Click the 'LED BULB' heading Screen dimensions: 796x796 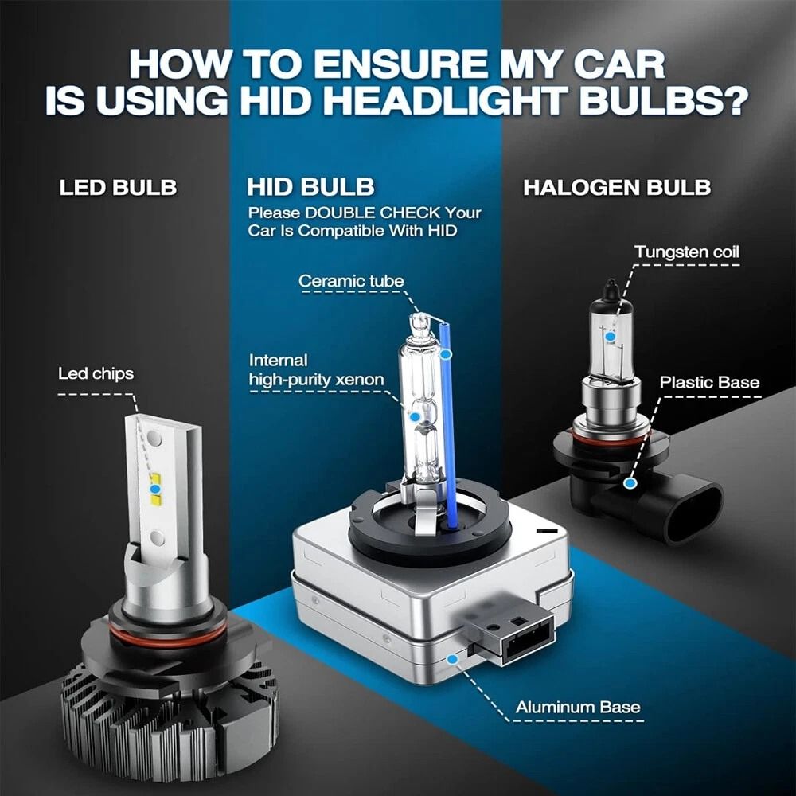tap(118, 188)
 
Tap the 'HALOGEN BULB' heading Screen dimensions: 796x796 tap(617, 188)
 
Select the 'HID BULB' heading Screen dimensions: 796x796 tap(310, 188)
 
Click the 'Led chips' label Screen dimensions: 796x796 tap(96, 373)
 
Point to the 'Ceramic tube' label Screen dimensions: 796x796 tap(350, 281)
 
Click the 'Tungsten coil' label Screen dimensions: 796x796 tap(686, 252)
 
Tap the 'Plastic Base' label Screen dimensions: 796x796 tap(709, 382)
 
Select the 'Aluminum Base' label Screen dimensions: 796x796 tap(577, 707)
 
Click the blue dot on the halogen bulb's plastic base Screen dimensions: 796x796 tap(630, 482)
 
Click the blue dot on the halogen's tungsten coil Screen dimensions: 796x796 tap(610, 337)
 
